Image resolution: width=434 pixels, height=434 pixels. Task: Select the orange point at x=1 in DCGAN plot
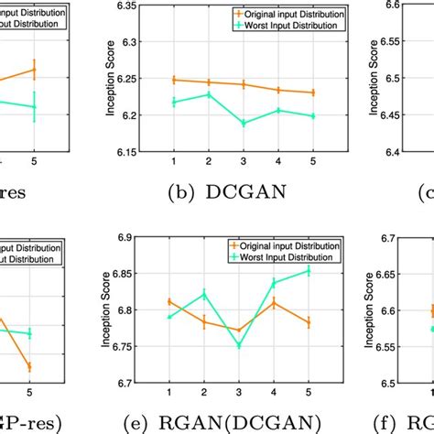click(x=174, y=80)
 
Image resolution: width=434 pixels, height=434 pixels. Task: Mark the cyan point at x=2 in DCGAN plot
click(x=208, y=94)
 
